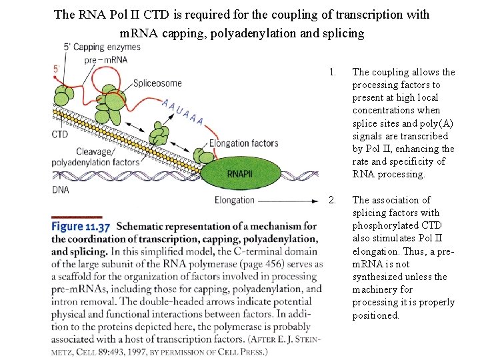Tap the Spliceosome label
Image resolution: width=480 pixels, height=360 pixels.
157,83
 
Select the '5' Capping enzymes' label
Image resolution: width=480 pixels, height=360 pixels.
101,47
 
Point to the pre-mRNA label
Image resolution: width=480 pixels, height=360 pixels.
106,59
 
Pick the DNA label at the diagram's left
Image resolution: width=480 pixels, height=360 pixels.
61,190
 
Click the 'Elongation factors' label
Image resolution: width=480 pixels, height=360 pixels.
243,143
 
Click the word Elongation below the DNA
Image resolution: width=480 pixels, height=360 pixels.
235,200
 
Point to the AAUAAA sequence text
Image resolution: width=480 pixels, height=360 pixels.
183,111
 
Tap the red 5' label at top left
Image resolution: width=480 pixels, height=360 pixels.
57,69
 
